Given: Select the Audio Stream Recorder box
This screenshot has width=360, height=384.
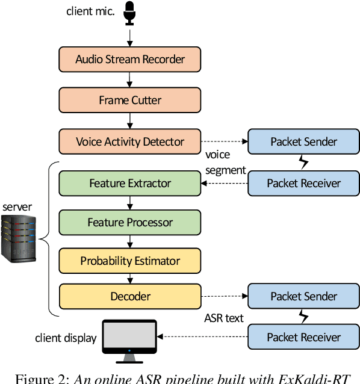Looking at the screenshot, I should (130, 59).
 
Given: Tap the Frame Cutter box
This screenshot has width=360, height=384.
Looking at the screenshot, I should (130, 100).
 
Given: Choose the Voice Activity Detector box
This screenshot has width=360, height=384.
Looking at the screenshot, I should (130, 142).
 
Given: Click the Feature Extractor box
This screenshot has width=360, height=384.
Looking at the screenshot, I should (130, 183).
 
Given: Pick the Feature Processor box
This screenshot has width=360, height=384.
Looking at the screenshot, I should (130, 223).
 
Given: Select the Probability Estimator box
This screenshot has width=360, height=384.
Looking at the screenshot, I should (130, 261).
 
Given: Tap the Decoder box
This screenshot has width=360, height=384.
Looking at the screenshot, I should (130, 296).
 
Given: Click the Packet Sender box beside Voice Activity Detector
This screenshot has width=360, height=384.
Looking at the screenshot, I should (303, 142).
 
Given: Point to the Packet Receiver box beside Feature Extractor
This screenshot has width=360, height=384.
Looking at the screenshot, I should (303, 183).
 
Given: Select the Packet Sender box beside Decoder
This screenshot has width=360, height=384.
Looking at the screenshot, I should (303, 296).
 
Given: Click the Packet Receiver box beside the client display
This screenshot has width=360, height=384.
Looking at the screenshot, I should (303, 337).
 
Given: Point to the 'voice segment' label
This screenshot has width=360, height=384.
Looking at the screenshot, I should (226, 163).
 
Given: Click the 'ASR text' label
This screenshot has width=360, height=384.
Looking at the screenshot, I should (223, 317).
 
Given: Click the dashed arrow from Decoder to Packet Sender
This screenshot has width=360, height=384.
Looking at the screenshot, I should (224, 296).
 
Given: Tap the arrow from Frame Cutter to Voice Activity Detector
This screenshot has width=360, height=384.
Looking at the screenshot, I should (130, 121).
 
